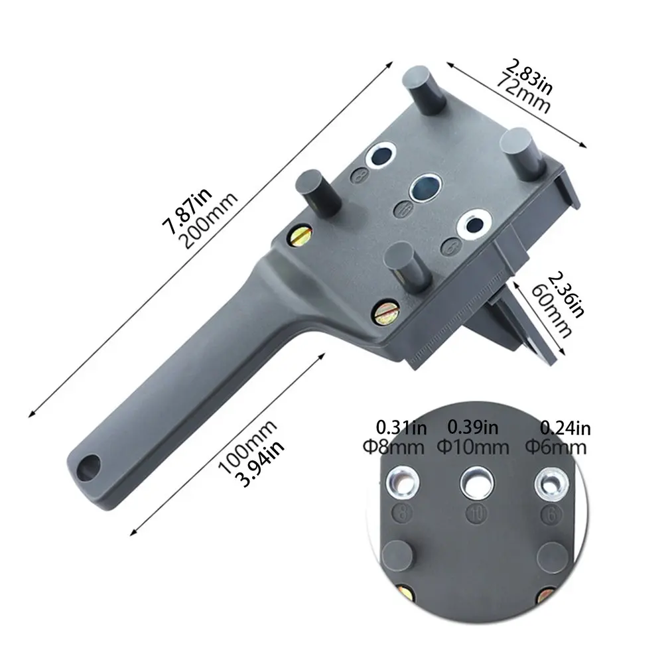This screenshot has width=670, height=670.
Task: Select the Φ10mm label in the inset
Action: pos(472,446)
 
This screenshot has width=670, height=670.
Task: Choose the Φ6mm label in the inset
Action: pos(556,446)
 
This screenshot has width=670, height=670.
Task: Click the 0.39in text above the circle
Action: pos(473,427)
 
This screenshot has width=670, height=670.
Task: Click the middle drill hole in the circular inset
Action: pos(476,485)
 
